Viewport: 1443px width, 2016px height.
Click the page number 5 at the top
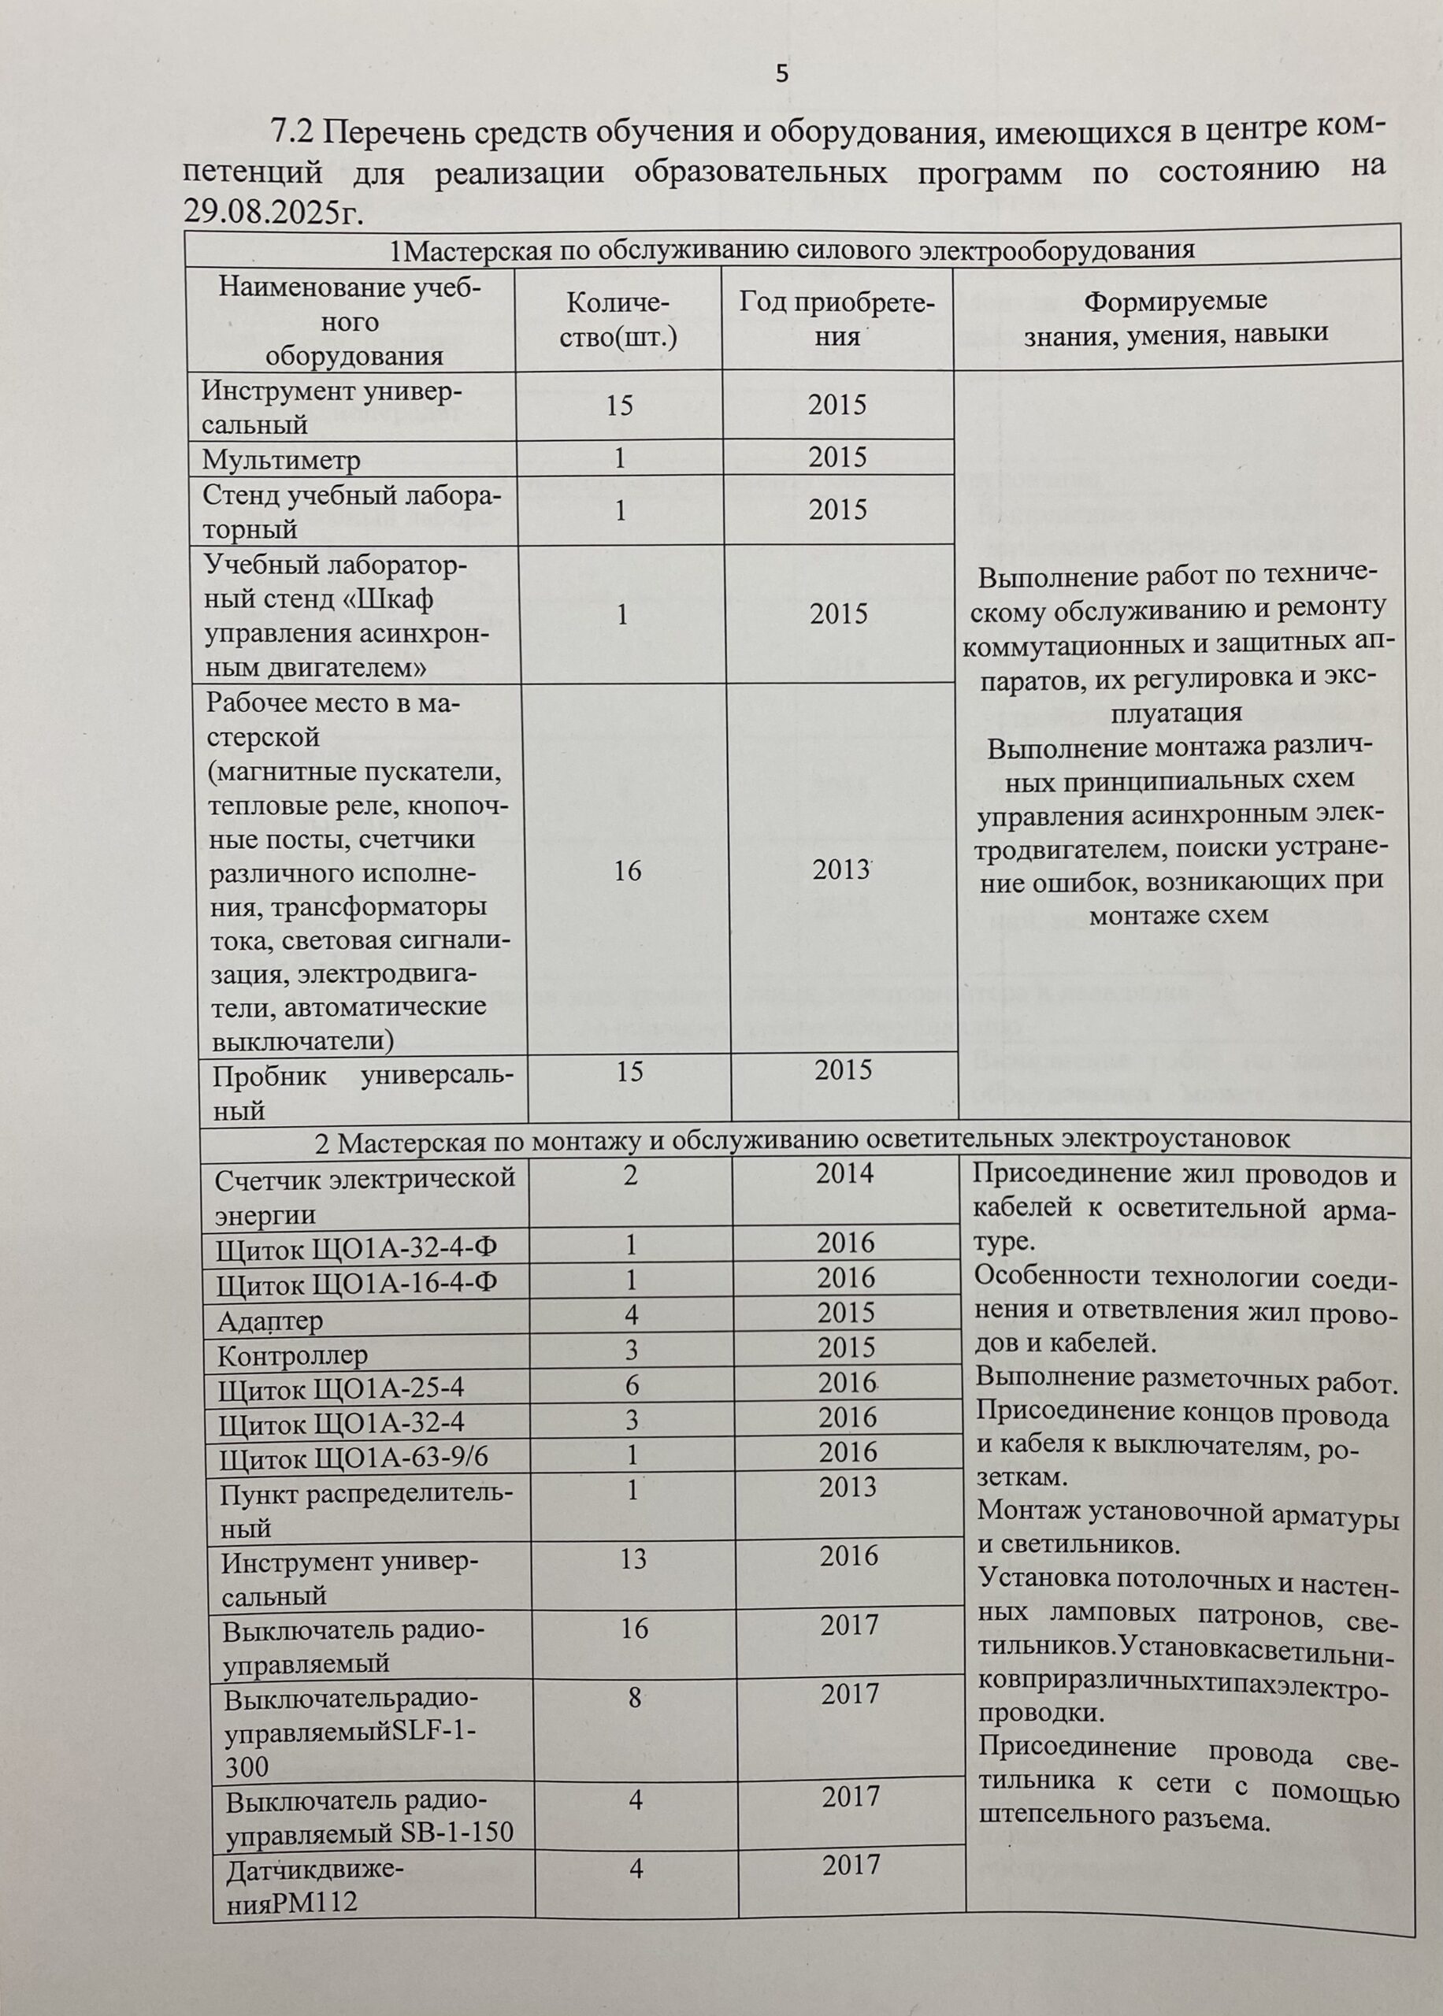[x=781, y=74]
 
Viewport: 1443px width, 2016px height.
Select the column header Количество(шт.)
[x=618, y=320]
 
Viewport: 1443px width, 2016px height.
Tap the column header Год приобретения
[x=837, y=319]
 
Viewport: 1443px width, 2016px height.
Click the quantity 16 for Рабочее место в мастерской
[x=627, y=869]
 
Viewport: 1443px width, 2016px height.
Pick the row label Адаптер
[x=271, y=1321]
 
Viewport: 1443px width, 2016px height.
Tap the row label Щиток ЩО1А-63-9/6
[x=353, y=1458]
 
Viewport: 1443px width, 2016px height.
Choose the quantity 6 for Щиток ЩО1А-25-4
[x=631, y=1384]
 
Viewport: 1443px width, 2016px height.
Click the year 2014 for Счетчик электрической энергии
[x=845, y=1173]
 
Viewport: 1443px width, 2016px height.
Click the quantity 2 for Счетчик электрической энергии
[x=630, y=1175]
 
